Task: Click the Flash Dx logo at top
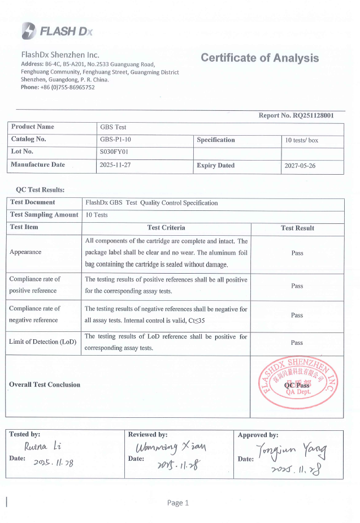pyautogui.click(x=56, y=31)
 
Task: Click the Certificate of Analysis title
pyautogui.click(x=259, y=58)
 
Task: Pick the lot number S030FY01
pyautogui.click(x=114, y=152)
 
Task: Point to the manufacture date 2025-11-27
pyautogui.click(x=119, y=166)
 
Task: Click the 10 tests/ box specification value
pyautogui.click(x=302, y=140)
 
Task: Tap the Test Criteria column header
pyautogui.click(x=166, y=228)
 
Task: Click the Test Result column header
pyautogui.click(x=297, y=228)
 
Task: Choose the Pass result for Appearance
pyautogui.click(x=297, y=253)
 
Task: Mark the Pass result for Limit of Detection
pyautogui.click(x=297, y=343)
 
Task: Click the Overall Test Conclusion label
pyautogui.click(x=45, y=384)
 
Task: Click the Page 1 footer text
pyautogui.click(x=178, y=503)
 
